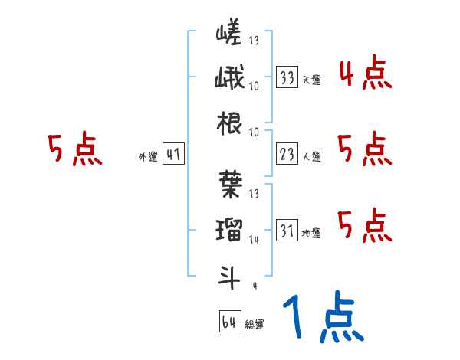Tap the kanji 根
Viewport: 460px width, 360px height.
(x=228, y=123)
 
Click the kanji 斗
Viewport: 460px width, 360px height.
(x=228, y=274)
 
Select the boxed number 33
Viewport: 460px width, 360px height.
(x=287, y=77)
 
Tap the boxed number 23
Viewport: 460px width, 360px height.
(x=287, y=155)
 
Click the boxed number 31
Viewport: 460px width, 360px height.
(x=287, y=230)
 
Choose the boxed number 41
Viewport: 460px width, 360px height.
(x=172, y=155)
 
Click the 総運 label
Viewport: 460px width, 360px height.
(x=254, y=324)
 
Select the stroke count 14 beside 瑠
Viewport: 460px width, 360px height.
(x=254, y=240)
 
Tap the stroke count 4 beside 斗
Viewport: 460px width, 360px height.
(x=254, y=285)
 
